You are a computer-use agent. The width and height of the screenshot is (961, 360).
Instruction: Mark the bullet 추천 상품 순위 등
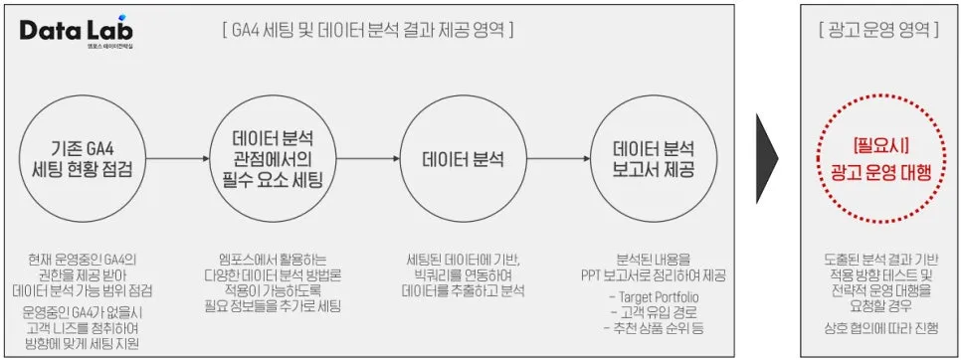(x=660, y=328)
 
